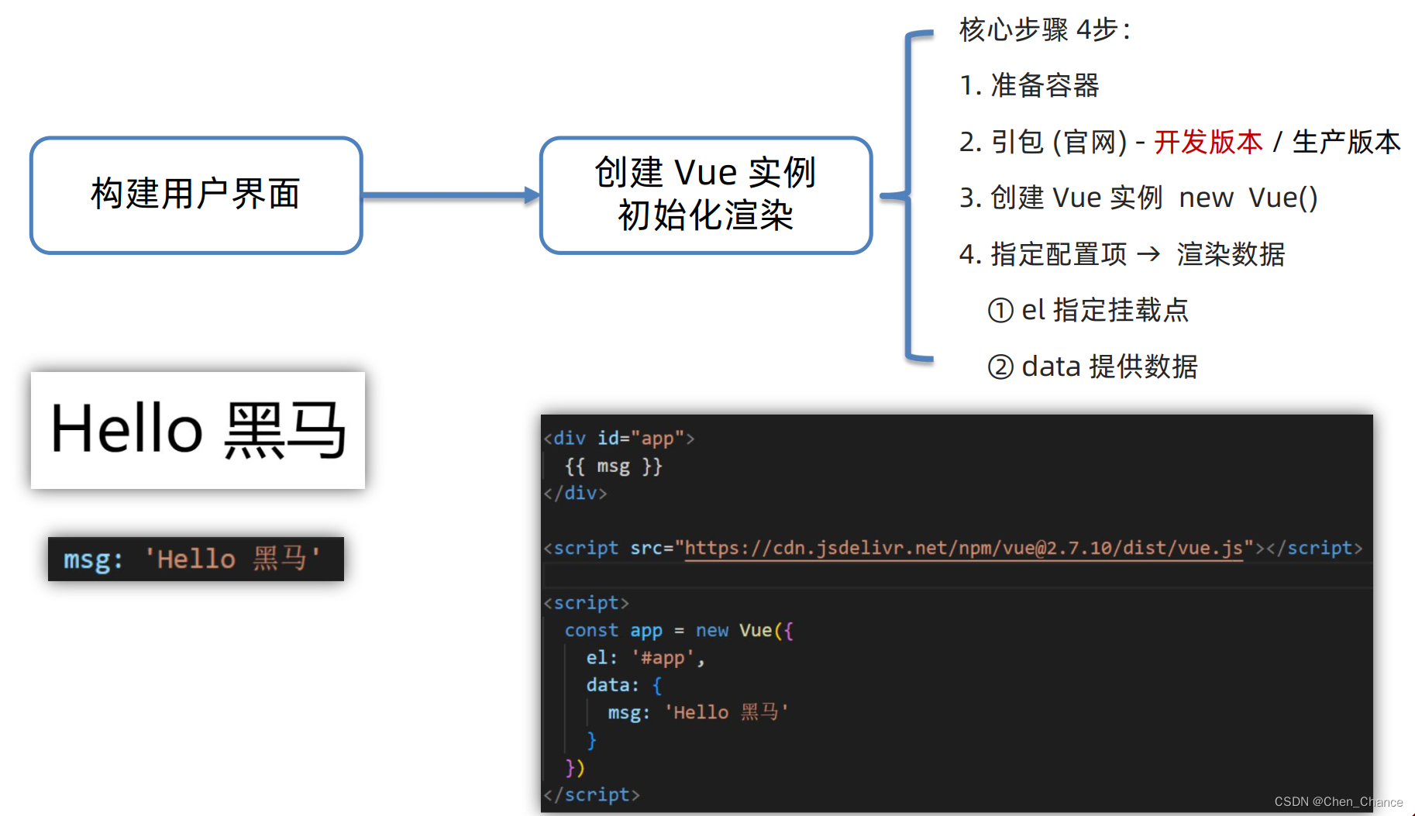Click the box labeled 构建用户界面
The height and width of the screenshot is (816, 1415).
(x=196, y=195)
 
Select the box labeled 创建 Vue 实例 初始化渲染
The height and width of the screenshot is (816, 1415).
(x=705, y=195)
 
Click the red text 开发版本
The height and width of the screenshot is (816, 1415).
(x=1207, y=142)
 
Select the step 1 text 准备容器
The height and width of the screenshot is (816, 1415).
(x=1045, y=86)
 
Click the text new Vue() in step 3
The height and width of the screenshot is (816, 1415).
(x=1248, y=198)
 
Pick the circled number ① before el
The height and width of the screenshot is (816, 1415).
(x=1000, y=311)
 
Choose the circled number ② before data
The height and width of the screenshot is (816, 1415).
(x=1000, y=367)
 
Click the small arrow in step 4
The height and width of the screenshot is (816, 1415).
(x=1148, y=254)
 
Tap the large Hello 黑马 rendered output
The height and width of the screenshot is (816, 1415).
(x=198, y=430)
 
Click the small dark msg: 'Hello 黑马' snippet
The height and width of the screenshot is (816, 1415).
(x=195, y=559)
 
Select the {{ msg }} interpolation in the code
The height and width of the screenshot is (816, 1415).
(x=613, y=466)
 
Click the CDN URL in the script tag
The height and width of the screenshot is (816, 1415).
(x=963, y=548)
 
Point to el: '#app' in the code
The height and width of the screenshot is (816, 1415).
(x=645, y=658)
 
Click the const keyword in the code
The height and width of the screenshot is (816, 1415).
(x=591, y=630)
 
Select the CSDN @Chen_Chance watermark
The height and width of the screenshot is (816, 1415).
(x=1338, y=802)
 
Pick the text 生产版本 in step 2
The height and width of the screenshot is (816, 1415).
(x=1346, y=142)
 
